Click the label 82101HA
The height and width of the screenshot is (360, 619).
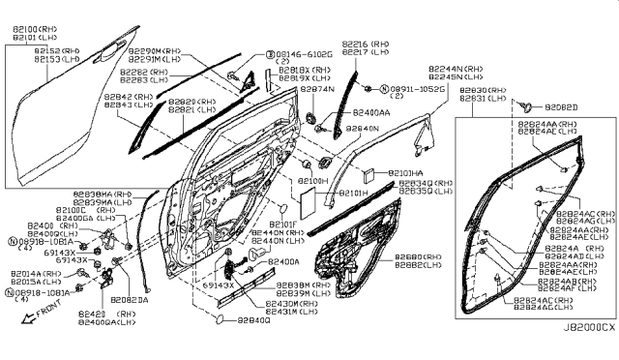click(x=405, y=172)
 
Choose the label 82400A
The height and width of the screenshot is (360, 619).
click(x=283, y=261)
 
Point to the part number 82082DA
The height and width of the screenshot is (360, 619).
click(x=129, y=300)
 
